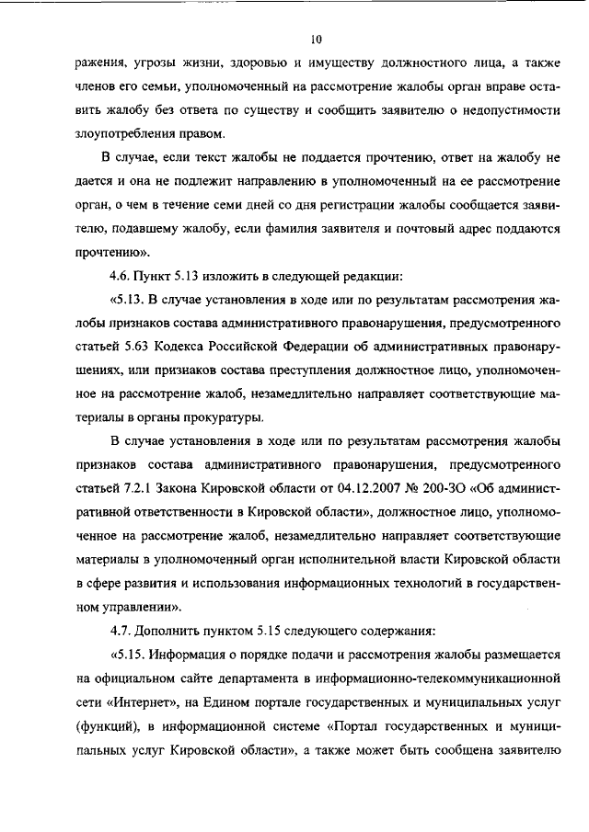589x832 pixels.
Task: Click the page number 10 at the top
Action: coord(316,40)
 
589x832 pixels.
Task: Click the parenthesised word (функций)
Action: coord(111,726)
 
